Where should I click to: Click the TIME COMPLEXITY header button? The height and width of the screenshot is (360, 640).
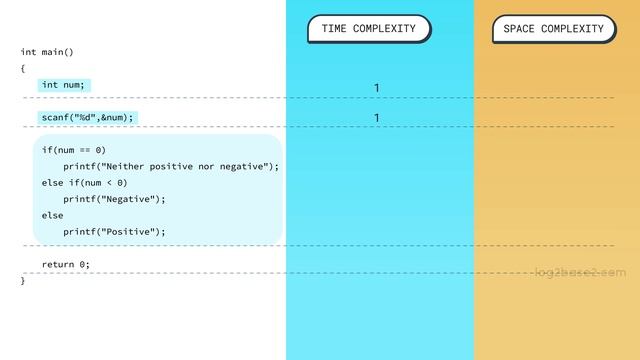click(368, 29)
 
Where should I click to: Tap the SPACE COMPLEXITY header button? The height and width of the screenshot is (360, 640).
click(553, 29)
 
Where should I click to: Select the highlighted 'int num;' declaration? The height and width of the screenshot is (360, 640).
click(64, 85)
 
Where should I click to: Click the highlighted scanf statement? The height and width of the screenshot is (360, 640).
click(86, 117)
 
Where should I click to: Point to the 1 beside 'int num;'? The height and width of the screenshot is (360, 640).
click(377, 88)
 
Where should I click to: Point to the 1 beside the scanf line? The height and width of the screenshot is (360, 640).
click(377, 119)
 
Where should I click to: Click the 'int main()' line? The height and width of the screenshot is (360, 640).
click(47, 52)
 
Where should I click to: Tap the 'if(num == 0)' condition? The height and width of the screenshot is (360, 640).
click(73, 150)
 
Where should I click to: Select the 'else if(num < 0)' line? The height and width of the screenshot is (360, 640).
click(84, 182)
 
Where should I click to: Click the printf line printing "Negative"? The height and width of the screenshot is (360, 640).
click(114, 199)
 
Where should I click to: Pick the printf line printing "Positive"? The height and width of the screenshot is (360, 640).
click(114, 231)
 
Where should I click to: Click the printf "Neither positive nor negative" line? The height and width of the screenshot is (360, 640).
click(171, 166)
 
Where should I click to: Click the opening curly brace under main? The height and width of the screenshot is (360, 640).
click(23, 68)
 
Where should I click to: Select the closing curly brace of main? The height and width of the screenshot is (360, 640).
click(23, 280)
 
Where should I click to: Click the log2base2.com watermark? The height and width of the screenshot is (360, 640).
click(580, 272)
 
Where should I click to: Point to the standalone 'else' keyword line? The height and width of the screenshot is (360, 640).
click(52, 215)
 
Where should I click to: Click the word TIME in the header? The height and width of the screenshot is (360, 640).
click(334, 29)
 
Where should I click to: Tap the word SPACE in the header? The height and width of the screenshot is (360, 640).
click(519, 29)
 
